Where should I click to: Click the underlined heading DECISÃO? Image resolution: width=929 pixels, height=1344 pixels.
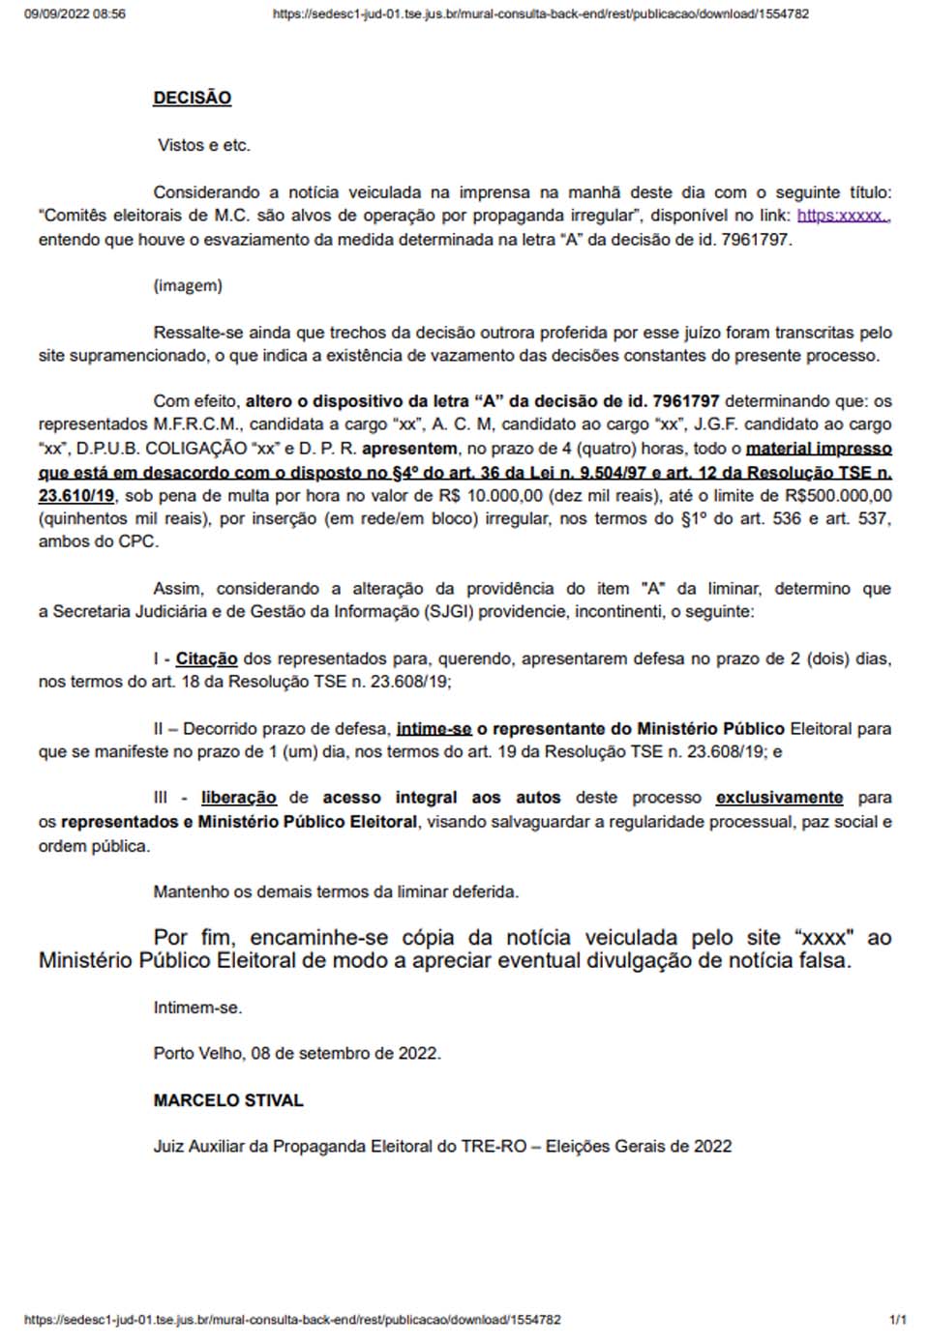pyautogui.click(x=192, y=98)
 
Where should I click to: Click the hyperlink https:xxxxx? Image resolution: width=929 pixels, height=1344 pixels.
pyautogui.click(x=842, y=216)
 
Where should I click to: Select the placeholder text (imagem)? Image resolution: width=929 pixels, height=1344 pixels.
pyautogui.click(x=188, y=285)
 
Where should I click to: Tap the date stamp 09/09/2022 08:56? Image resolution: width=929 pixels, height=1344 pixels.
pyautogui.click(x=75, y=15)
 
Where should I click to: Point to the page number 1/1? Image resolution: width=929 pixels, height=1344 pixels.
pyautogui.click(x=897, y=1320)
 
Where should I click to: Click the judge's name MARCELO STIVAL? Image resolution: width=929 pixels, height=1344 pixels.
pyautogui.click(x=228, y=1100)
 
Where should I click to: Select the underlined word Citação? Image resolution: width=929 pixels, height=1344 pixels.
pyautogui.click(x=206, y=658)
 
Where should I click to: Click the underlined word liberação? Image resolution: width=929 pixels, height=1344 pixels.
pyautogui.click(x=239, y=798)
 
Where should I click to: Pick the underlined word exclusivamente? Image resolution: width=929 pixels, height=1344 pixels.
pyautogui.click(x=779, y=798)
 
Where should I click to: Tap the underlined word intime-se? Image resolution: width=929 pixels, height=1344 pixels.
pyautogui.click(x=434, y=728)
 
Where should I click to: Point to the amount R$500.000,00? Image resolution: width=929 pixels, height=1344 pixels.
pyautogui.click(x=838, y=496)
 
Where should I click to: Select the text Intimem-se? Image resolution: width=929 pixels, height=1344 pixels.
pyautogui.click(x=197, y=1008)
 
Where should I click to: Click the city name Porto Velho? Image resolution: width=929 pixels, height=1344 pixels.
pyautogui.click(x=198, y=1053)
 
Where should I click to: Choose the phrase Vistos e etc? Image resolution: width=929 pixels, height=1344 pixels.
pyautogui.click(x=204, y=145)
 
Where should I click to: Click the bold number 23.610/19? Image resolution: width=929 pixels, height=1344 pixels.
pyautogui.click(x=76, y=496)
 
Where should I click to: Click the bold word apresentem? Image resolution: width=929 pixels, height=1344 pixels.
pyautogui.click(x=409, y=449)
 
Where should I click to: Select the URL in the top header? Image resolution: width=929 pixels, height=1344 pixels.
pyautogui.click(x=540, y=15)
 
